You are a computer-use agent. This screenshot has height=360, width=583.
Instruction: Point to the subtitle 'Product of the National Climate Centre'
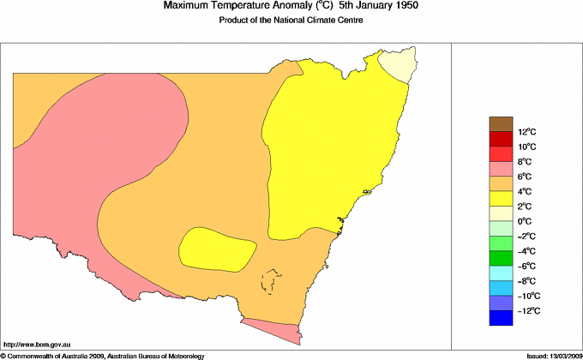[291, 21]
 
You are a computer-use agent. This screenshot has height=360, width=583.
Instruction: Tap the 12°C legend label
[503, 132]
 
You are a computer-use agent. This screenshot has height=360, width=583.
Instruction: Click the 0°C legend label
[503, 221]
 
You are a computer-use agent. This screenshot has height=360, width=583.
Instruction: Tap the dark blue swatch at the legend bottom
[501, 318]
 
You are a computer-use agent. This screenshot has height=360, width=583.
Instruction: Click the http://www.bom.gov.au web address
[31, 343]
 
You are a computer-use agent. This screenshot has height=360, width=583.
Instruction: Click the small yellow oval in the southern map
[218, 249]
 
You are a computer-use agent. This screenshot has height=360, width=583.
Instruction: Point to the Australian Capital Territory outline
[272, 281]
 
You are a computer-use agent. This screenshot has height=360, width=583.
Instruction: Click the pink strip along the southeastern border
[273, 327]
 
